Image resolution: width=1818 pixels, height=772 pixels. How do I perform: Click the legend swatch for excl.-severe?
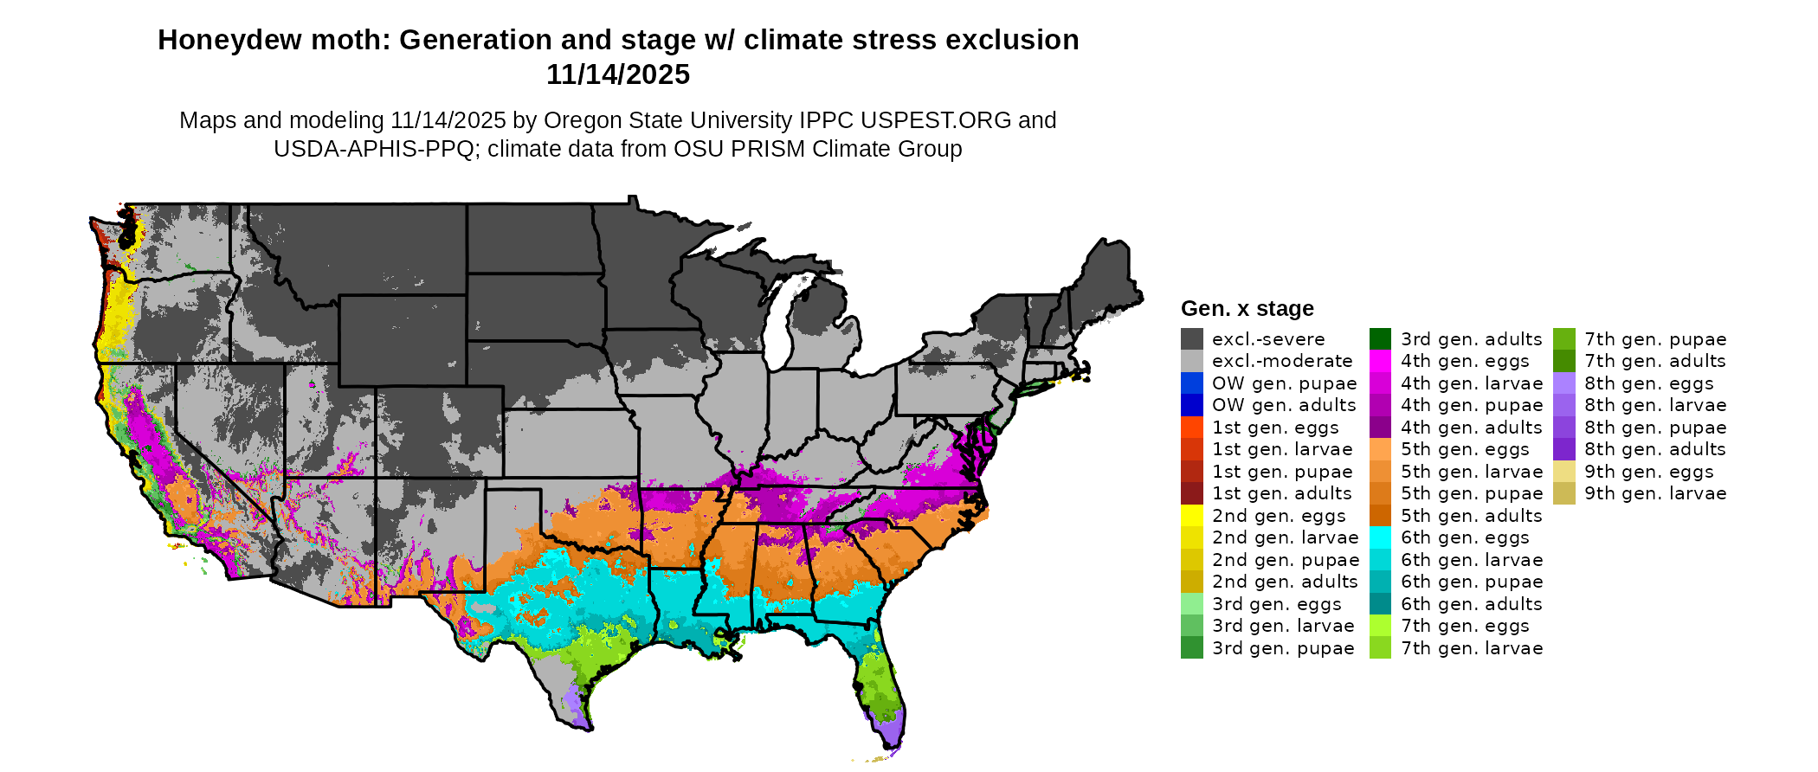point(1191,339)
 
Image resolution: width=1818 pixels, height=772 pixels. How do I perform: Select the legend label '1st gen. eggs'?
point(1274,428)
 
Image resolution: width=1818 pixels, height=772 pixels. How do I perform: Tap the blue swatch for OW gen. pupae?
point(1191,383)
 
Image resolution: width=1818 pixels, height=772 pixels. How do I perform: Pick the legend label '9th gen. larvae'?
point(1655,493)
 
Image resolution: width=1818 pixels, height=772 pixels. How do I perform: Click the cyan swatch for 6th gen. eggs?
point(1380,537)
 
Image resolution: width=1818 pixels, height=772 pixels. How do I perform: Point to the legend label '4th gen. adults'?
point(1471,428)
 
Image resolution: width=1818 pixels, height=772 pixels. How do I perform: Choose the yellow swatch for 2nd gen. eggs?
point(1191,516)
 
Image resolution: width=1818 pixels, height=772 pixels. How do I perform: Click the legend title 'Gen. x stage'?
point(1247,309)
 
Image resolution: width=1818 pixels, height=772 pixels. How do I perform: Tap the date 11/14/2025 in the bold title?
point(617,75)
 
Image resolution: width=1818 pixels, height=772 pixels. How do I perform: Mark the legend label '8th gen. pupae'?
point(1655,428)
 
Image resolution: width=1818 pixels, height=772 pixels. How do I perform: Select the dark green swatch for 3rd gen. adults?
point(1380,339)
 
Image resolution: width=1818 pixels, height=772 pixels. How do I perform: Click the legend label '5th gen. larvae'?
point(1471,472)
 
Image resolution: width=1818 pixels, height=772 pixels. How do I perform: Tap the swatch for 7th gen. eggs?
point(1380,626)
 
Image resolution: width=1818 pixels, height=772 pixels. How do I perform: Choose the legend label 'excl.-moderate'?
point(1281,361)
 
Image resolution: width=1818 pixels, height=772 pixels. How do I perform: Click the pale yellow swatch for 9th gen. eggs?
point(1563,472)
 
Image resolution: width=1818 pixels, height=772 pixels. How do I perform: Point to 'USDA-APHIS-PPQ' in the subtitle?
point(374,149)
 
